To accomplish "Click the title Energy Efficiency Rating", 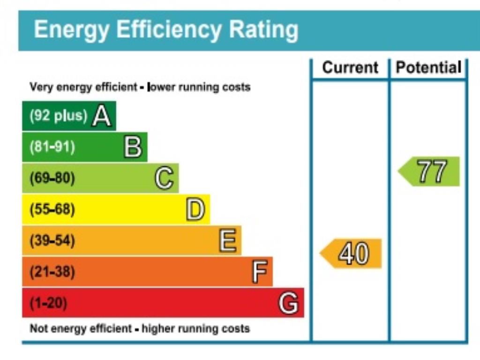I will tap(166, 30).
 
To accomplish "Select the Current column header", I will tap(350, 67).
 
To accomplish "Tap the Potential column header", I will tap(428, 67).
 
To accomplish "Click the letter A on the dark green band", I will tap(102, 116).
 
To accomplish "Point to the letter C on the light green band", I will tap(164, 179).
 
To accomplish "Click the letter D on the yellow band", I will tap(195, 210).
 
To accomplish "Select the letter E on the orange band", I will tap(227, 241).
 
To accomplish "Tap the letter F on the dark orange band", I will tap(259, 272).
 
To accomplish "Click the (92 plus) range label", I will tap(58, 116).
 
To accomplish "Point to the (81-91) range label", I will tap(52, 147).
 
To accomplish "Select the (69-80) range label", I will tap(52, 179).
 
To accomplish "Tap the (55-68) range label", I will tap(52, 210).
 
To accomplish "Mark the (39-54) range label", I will tap(52, 241).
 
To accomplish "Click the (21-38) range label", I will tap(52, 272).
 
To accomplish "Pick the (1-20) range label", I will tap(48, 303).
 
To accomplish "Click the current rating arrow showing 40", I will tap(352, 254).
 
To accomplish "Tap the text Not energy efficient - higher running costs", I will tap(140, 329).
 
